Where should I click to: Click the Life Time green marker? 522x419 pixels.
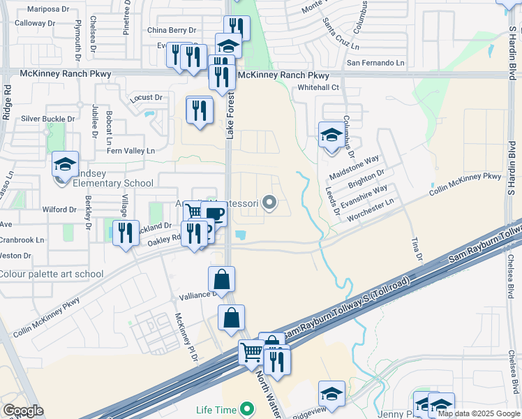(x=246, y=409)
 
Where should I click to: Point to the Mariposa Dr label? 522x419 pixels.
(x=49, y=10)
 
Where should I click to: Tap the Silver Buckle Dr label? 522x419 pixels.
(x=49, y=119)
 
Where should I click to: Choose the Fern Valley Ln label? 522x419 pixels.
(x=130, y=151)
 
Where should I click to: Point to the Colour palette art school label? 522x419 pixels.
(x=52, y=274)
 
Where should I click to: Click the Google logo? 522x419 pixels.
(x=23, y=411)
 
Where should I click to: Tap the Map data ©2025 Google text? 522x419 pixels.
(x=479, y=413)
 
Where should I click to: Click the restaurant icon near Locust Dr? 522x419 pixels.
(x=200, y=110)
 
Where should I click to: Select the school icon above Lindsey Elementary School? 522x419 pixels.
(x=65, y=165)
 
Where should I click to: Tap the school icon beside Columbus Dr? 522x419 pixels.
(x=331, y=135)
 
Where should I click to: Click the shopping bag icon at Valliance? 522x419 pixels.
(x=221, y=280)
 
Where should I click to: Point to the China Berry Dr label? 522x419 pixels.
(x=172, y=31)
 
